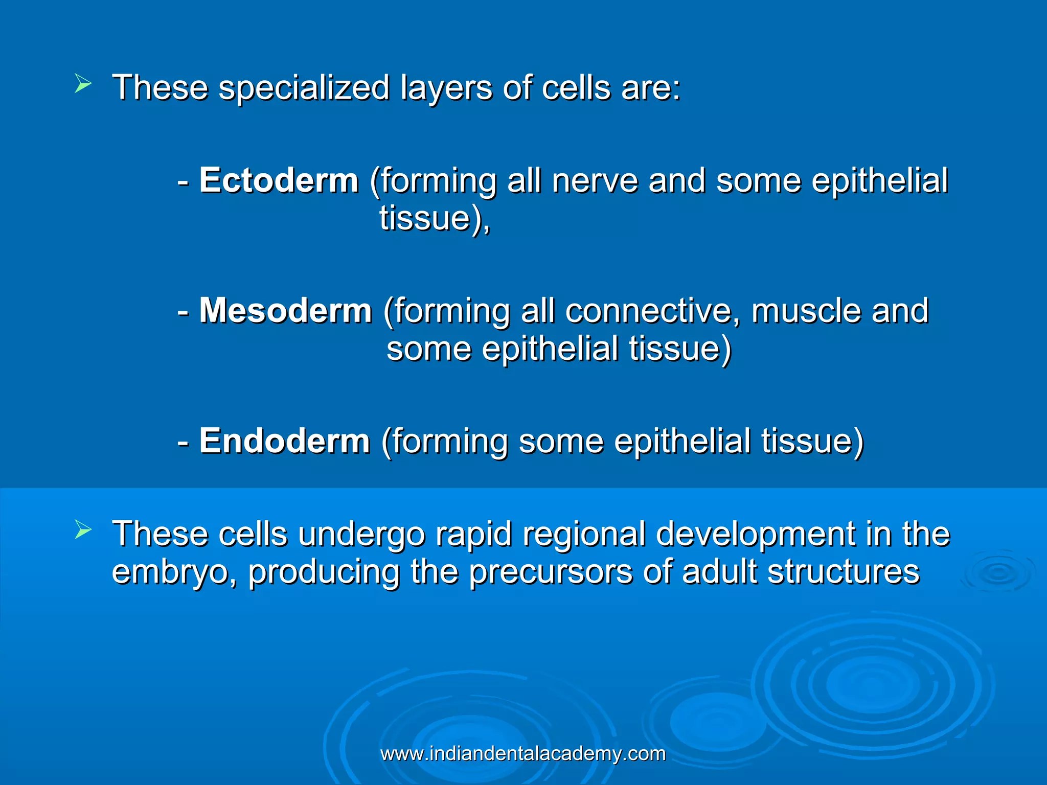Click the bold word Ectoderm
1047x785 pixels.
tap(279, 181)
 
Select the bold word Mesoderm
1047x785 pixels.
tap(285, 311)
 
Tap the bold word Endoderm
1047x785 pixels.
tap(284, 441)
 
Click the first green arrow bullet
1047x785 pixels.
tap(83, 83)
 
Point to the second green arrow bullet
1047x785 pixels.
tap(83, 529)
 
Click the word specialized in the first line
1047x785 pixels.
tap(304, 88)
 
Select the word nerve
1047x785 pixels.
tap(595, 181)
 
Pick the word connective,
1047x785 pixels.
tap(652, 311)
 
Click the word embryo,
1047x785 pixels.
tap(174, 572)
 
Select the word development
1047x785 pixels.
tap(756, 535)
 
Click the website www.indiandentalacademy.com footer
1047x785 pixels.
tap(523, 754)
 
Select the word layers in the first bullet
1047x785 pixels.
tap(446, 88)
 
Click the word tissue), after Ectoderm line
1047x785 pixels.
tap(435, 219)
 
